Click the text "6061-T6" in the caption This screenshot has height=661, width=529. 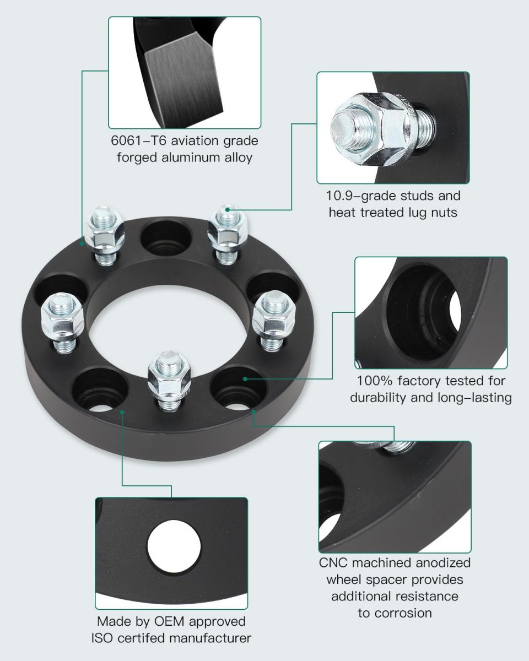coord(138,140)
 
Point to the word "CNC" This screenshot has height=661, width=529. coord(333,563)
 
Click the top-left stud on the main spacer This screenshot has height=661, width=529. coord(105,235)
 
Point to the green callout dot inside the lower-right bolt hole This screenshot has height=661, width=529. coord(245,379)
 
